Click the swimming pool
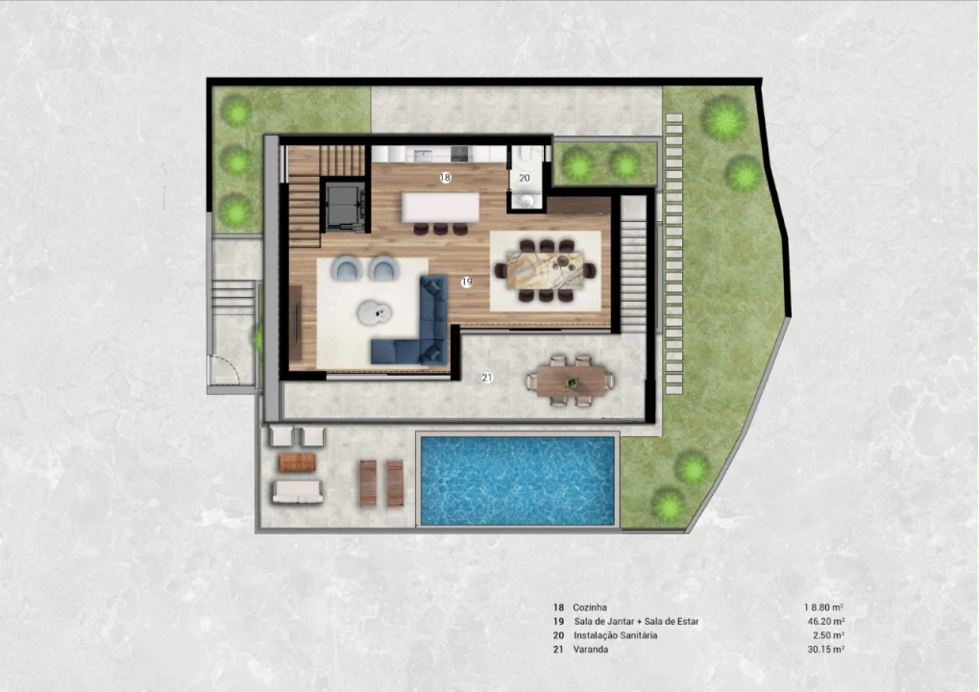tap(518, 481)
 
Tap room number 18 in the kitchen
tap(445, 178)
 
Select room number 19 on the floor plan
tap(466, 283)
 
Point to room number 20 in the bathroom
tap(525, 178)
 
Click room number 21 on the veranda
tap(487, 378)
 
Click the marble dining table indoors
tap(546, 270)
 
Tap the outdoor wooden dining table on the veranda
tap(571, 381)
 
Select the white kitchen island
tap(441, 207)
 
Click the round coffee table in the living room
tap(375, 311)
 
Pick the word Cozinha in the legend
tap(589, 607)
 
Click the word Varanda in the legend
tap(591, 650)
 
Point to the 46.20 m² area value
tap(826, 622)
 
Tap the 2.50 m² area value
tap(828, 635)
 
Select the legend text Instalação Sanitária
tap(616, 635)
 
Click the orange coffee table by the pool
tap(298, 463)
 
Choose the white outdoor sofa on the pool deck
tap(297, 492)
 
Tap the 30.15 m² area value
tap(826, 650)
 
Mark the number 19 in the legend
tap(558, 622)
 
